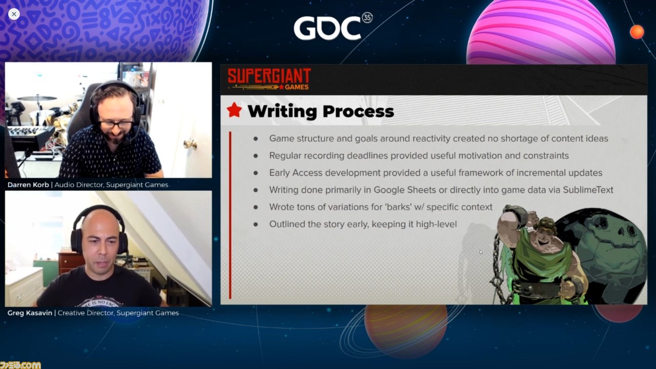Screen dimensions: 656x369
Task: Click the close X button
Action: pos(14,14)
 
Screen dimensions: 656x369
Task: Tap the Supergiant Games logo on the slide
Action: pos(269,79)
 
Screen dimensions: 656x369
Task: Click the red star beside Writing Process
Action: pos(234,110)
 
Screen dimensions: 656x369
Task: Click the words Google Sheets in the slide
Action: pos(405,190)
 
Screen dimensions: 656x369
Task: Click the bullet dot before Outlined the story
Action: pos(256,224)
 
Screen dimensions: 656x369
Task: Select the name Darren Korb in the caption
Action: pos(28,185)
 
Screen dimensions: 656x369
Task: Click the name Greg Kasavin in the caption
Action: pos(30,313)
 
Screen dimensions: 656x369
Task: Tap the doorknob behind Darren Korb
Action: pos(190,144)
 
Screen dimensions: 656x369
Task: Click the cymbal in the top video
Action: pos(37,98)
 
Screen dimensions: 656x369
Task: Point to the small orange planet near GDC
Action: pos(637,32)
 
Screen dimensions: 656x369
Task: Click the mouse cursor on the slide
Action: pos(481,252)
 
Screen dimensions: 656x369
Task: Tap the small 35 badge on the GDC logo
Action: pos(367,18)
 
